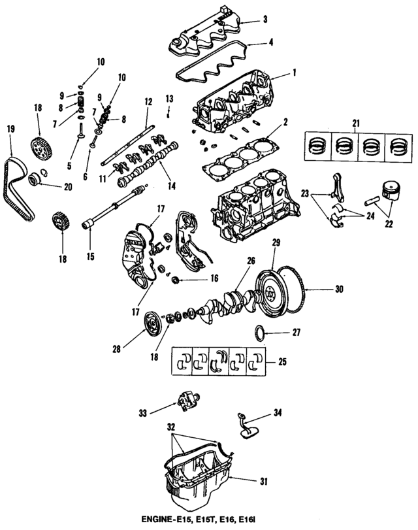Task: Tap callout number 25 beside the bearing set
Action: tap(283, 360)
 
